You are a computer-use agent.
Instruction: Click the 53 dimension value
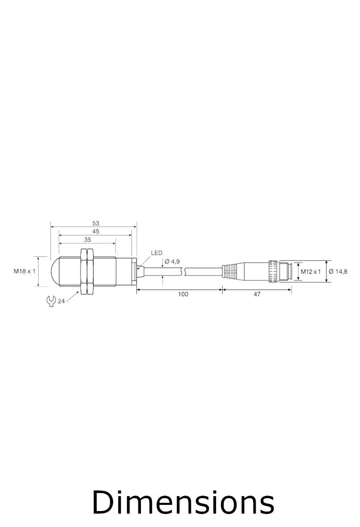(x=96, y=223)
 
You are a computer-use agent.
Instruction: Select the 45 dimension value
(x=96, y=232)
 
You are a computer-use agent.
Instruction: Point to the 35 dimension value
(x=87, y=240)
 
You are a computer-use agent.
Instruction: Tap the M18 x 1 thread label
(x=25, y=271)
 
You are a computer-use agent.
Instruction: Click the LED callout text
(x=156, y=253)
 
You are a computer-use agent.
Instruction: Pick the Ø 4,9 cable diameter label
(x=172, y=261)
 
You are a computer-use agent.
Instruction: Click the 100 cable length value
(x=183, y=294)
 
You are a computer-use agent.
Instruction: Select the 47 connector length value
(x=257, y=294)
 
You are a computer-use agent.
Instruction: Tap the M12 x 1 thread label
(x=311, y=271)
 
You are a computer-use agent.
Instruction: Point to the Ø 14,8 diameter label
(x=338, y=271)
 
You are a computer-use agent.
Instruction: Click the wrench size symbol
(x=50, y=301)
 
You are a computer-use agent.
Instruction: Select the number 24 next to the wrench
(x=61, y=302)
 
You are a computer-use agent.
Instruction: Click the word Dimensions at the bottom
(x=183, y=502)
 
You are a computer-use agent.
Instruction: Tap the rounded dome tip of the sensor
(x=55, y=271)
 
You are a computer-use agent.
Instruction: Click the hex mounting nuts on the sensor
(x=86, y=271)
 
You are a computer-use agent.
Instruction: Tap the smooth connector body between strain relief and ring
(x=252, y=271)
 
